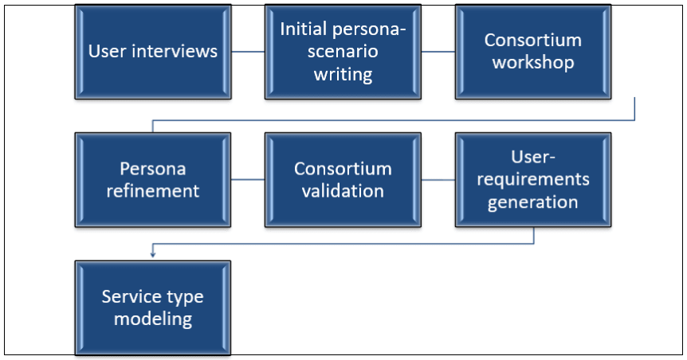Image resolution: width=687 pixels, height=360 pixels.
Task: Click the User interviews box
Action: tap(152, 52)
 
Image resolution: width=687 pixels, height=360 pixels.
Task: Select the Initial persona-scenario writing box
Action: tap(343, 52)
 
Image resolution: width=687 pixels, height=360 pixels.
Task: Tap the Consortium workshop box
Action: tap(532, 52)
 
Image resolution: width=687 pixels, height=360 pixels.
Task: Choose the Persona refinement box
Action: tap(152, 180)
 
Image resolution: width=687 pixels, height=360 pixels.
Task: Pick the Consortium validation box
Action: tap(343, 180)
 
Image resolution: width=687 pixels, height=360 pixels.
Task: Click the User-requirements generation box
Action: tap(532, 180)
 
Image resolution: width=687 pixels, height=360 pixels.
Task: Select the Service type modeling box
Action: tap(152, 307)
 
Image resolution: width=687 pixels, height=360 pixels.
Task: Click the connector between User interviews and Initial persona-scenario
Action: tap(248, 52)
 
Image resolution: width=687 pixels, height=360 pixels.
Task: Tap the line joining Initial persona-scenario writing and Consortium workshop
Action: tap(438, 52)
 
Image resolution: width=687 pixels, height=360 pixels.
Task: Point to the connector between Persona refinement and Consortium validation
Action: tap(248, 180)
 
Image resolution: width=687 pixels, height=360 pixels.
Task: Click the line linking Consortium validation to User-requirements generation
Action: tap(438, 180)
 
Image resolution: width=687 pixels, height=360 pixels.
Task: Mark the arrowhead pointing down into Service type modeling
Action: tap(152, 254)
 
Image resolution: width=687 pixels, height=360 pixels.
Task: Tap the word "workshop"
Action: tap(532, 63)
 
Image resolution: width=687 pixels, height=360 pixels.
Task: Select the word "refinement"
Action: tap(152, 191)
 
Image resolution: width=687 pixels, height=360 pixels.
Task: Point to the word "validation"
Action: tap(343, 191)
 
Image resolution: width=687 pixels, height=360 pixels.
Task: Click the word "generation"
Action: tap(532, 202)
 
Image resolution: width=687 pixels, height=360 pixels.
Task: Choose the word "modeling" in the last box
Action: tap(152, 319)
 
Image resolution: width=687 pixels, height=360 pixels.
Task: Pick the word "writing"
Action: tap(343, 74)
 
